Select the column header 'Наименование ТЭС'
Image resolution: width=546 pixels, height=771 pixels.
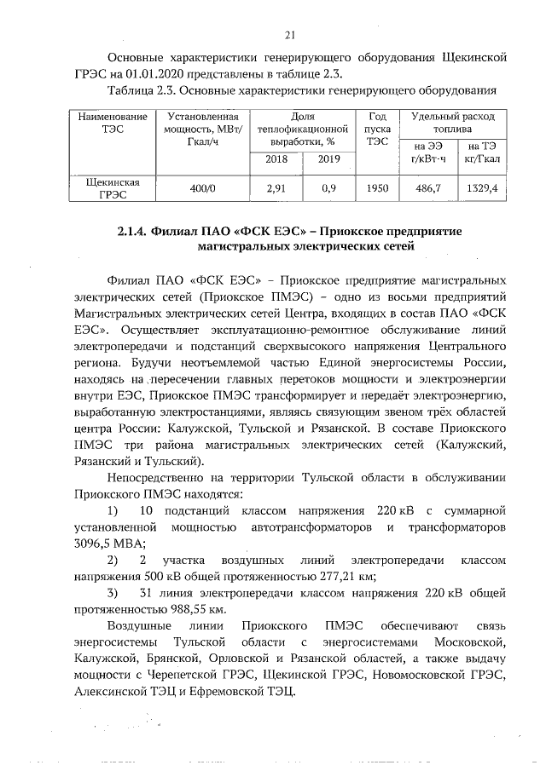[107, 122]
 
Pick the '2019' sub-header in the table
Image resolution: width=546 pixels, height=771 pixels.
[328, 158]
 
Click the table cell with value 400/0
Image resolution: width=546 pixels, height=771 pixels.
[201, 189]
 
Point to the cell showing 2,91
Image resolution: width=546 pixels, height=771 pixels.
[276, 189]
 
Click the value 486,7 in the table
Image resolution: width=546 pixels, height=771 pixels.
[427, 189]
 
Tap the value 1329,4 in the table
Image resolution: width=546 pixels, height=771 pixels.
[483, 189]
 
